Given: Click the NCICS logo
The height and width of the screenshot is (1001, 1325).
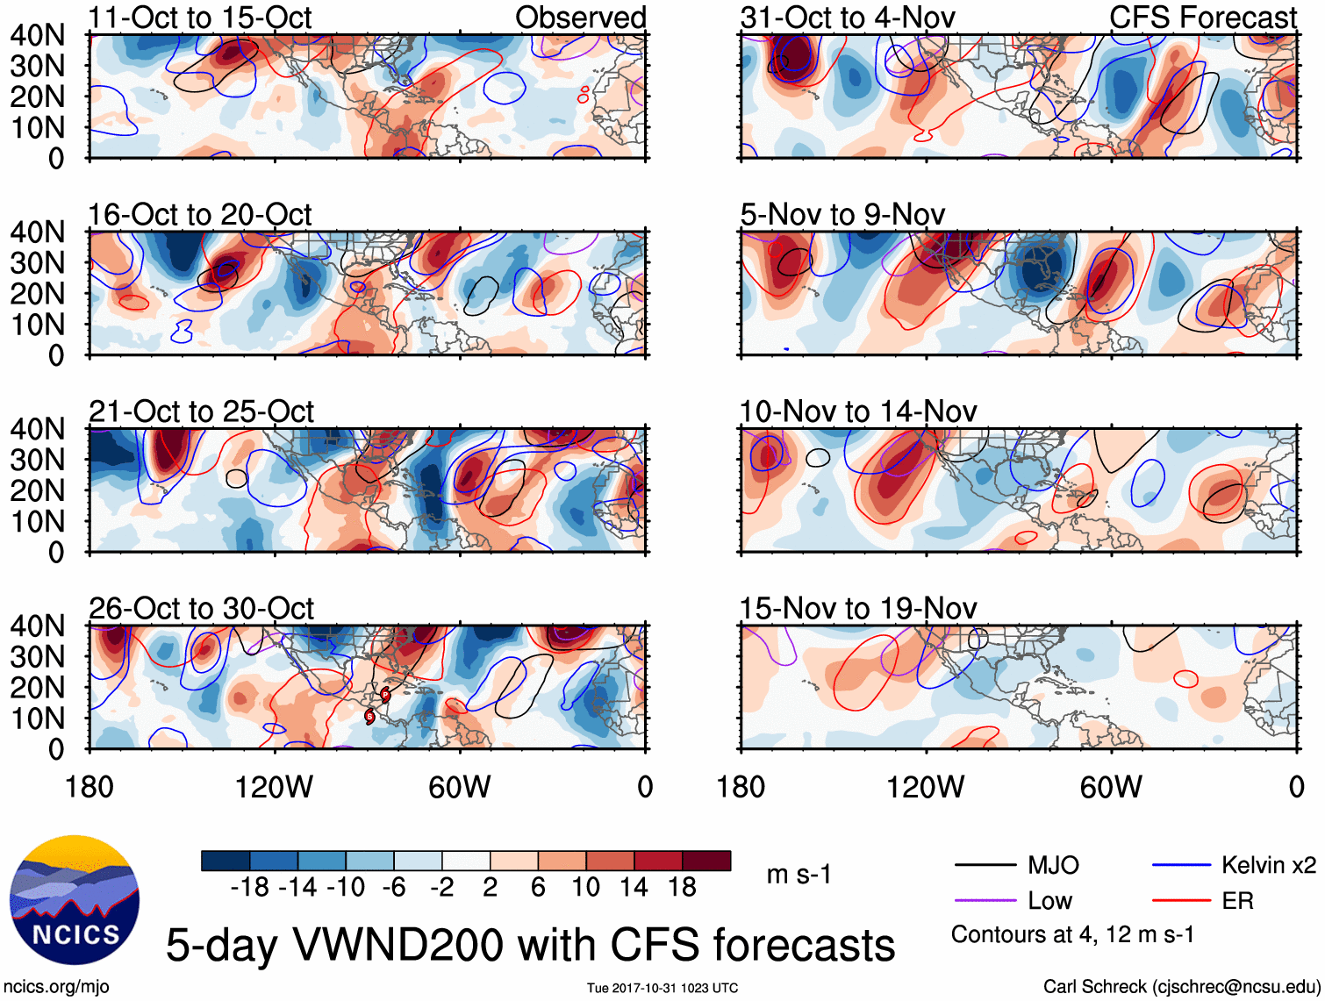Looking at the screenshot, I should point(74,900).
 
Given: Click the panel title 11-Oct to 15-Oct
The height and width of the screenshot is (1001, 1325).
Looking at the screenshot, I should point(200,18).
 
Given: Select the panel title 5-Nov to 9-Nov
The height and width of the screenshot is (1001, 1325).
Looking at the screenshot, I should point(842,214).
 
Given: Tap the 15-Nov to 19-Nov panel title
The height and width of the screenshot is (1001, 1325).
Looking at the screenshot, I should point(857,608).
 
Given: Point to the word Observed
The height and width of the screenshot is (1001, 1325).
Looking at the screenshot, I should point(580,18).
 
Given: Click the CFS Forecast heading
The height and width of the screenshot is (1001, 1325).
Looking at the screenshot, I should point(1202,18).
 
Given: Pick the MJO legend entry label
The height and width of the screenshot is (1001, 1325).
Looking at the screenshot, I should point(1053,866).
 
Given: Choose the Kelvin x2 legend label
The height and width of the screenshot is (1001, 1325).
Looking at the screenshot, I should point(1268,866).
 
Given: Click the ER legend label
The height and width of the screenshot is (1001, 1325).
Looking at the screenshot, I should point(1237,901).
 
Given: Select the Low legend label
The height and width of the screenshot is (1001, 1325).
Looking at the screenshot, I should point(1049,901).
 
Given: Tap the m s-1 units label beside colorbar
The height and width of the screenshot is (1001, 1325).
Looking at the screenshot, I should point(799,875).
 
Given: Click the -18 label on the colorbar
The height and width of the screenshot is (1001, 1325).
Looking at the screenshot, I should point(250,888).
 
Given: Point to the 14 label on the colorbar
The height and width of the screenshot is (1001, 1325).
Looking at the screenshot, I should point(634,888).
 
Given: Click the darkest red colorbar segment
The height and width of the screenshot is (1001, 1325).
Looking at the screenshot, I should point(706,861).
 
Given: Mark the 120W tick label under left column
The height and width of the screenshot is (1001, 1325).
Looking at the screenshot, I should point(274,787).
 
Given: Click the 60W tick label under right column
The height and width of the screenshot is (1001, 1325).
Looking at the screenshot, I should point(1111,787).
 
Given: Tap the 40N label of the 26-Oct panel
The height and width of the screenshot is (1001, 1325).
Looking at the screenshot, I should point(37,626).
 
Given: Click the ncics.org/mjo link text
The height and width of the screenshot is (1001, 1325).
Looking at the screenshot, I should point(56,986).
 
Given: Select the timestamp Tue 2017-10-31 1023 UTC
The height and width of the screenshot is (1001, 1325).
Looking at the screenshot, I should point(662,988).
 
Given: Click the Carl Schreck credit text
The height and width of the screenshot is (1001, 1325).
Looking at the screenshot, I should point(1180,986).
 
